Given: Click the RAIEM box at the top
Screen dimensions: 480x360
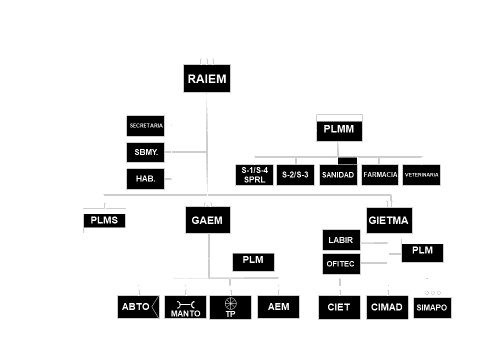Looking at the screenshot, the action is pyautogui.click(x=207, y=79).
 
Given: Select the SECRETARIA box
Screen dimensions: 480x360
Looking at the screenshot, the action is pyautogui.click(x=145, y=126).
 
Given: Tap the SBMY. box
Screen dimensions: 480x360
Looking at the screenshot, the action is pyautogui.click(x=145, y=152).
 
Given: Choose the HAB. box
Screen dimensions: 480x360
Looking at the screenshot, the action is pyautogui.click(x=145, y=178).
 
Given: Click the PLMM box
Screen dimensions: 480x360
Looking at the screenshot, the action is pyautogui.click(x=339, y=128).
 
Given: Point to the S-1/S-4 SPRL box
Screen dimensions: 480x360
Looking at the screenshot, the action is pyautogui.click(x=254, y=175).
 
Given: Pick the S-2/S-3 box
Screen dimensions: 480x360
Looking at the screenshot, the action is pyautogui.click(x=295, y=175).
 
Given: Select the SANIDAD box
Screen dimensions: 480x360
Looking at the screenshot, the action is pyautogui.click(x=337, y=175).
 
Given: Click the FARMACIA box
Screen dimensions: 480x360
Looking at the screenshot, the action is pyautogui.click(x=380, y=175).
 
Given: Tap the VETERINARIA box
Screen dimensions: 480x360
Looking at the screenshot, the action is pyautogui.click(x=421, y=175).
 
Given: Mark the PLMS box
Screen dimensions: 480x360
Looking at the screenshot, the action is pyautogui.click(x=104, y=220).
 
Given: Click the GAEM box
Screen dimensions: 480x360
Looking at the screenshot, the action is pyautogui.click(x=207, y=220).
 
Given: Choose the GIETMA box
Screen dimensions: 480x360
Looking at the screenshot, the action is pyautogui.click(x=389, y=220).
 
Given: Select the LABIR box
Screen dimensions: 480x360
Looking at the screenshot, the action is pyautogui.click(x=341, y=240).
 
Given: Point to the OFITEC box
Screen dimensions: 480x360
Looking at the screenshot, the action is pyautogui.click(x=341, y=264).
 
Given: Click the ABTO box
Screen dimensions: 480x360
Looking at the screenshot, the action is pyautogui.click(x=138, y=307).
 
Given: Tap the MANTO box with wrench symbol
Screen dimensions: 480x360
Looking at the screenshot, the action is pyautogui.click(x=185, y=307).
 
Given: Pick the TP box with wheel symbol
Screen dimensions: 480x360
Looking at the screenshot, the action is pyautogui.click(x=231, y=307).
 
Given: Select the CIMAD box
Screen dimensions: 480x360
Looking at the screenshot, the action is pyautogui.click(x=387, y=307).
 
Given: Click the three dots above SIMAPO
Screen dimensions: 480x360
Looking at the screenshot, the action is pyautogui.click(x=432, y=292).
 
